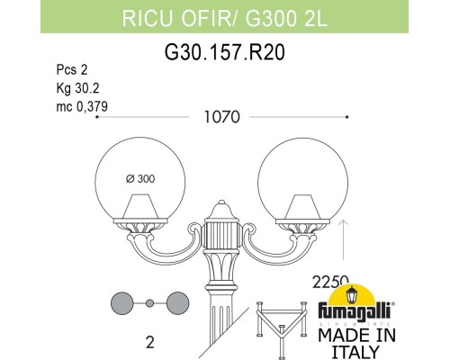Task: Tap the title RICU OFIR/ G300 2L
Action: (224, 14)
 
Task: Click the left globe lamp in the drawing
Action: (134, 184)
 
